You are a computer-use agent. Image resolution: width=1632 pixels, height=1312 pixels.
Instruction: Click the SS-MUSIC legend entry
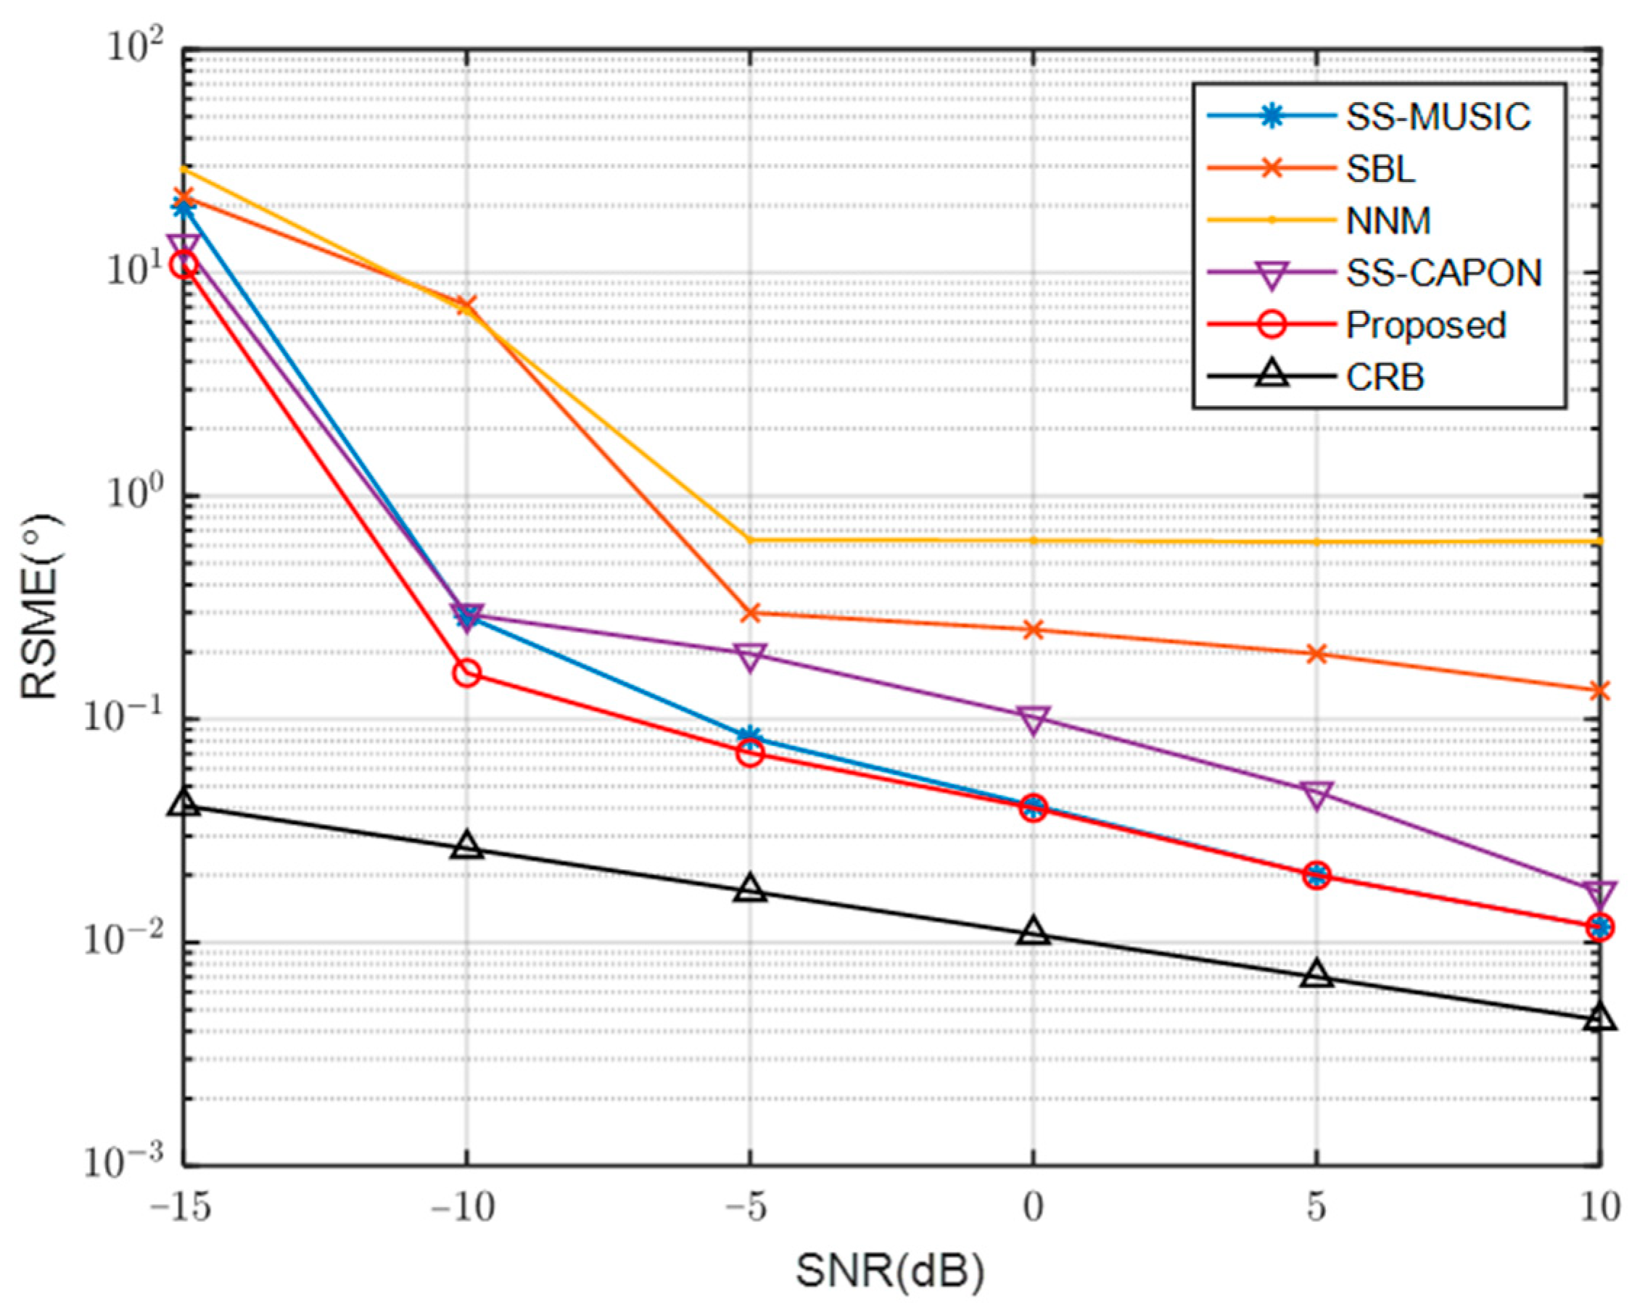point(1438,117)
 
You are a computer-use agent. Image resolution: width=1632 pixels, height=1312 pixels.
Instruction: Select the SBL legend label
point(1380,170)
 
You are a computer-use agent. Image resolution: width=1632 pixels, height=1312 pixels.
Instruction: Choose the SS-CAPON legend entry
point(1443,273)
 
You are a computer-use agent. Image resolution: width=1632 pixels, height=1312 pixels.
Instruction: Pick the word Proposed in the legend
point(1425,325)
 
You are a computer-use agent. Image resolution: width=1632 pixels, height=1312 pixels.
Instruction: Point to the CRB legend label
point(1385,377)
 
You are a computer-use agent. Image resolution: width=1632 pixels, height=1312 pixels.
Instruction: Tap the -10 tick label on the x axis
point(463,1207)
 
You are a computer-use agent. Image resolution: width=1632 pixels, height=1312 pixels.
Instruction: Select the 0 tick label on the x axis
point(1034,1207)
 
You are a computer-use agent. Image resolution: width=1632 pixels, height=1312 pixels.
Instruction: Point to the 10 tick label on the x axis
point(1599,1207)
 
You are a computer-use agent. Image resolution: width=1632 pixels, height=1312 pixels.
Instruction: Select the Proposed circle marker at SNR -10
point(467,673)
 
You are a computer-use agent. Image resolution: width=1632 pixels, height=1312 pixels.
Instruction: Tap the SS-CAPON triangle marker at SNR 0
point(1034,720)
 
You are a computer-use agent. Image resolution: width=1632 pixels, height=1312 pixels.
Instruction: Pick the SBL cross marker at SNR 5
point(1317,654)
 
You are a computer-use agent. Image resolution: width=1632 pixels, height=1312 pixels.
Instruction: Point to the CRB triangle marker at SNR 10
point(1599,1018)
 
